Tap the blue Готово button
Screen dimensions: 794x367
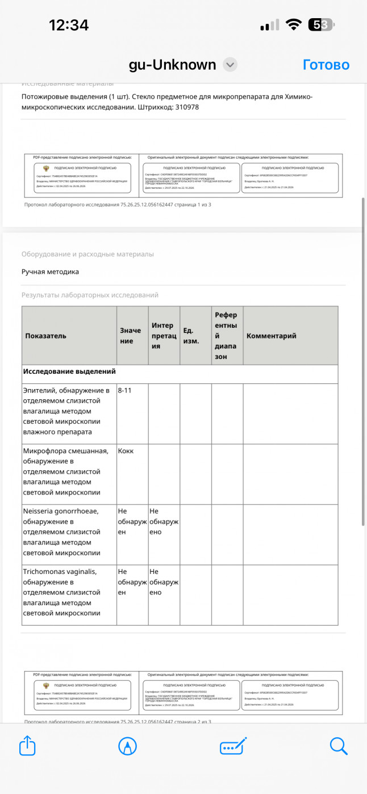pyautogui.click(x=326, y=65)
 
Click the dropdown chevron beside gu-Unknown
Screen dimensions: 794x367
pyautogui.click(x=230, y=65)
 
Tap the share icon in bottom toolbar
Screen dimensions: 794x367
pyautogui.click(x=28, y=745)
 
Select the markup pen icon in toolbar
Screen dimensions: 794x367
pyautogui.click(x=127, y=745)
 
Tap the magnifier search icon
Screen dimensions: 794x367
pyautogui.click(x=339, y=745)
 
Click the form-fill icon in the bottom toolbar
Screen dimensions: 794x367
pyautogui.click(x=233, y=745)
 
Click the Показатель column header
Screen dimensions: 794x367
pyautogui.click(x=46, y=336)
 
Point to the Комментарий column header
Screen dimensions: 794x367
pyautogui.click(x=272, y=336)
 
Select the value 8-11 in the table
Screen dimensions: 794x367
pyautogui.click(x=126, y=391)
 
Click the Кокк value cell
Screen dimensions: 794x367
pyautogui.click(x=126, y=451)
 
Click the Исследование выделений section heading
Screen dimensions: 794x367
pyautogui.click(x=69, y=371)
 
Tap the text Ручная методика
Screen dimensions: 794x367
pyautogui.click(x=50, y=272)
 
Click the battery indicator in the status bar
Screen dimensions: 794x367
pyautogui.click(x=322, y=25)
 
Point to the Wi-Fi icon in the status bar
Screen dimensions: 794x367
pyautogui.click(x=294, y=25)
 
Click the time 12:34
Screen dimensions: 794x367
pyautogui.click(x=69, y=25)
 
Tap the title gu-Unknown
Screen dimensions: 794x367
pyautogui.click(x=172, y=65)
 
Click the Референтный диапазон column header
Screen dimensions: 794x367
pyautogui.click(x=227, y=336)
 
